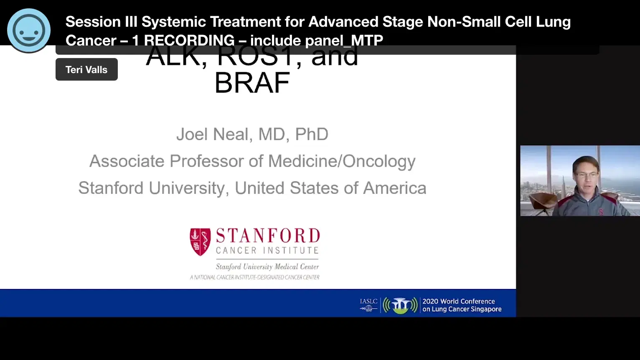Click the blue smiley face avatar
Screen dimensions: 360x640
click(29, 30)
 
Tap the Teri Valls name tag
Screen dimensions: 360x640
click(86, 69)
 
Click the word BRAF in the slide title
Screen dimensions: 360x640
click(252, 83)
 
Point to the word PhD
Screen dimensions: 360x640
click(312, 134)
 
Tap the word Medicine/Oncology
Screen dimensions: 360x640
click(342, 161)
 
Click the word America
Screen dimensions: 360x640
click(395, 188)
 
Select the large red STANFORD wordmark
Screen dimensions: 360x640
click(268, 236)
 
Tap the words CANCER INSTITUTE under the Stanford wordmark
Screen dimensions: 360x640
click(267, 251)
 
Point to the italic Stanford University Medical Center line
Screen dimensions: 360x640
click(267, 266)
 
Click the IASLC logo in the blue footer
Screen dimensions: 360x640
click(368, 305)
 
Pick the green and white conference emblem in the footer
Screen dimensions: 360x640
click(400, 305)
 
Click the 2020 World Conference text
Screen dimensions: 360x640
click(459, 301)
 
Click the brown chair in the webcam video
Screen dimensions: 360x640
click(541, 202)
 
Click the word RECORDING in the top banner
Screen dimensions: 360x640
click(189, 41)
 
